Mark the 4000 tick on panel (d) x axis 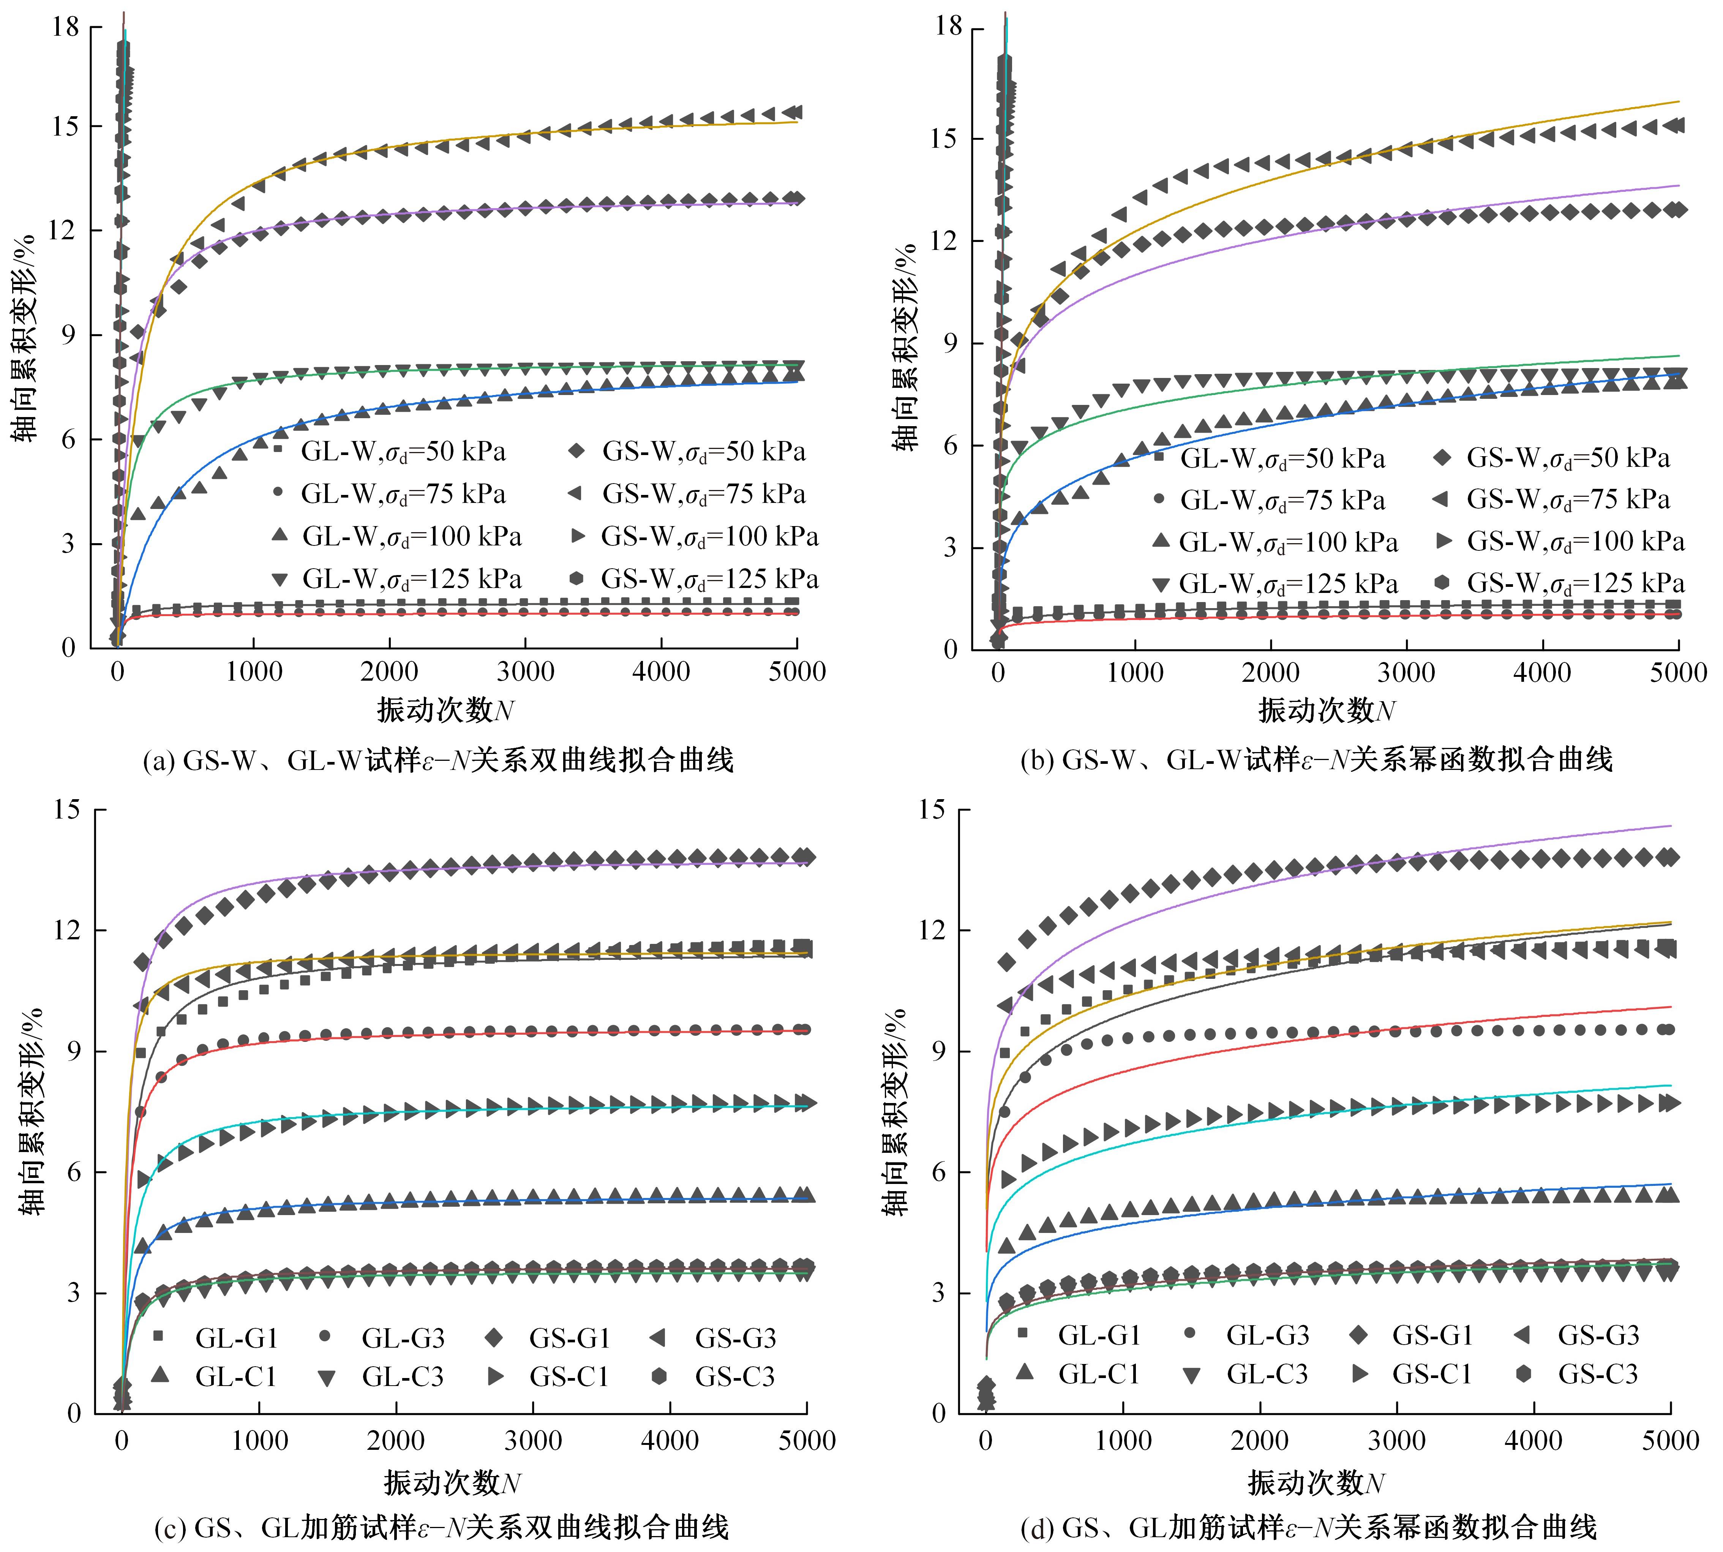point(1533,1441)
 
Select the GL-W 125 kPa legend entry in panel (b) point(1274,584)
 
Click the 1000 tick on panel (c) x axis point(259,1441)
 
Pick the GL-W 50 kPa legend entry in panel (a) point(388,451)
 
